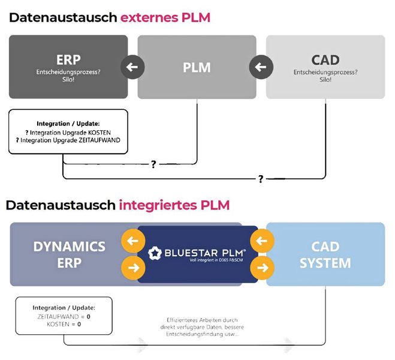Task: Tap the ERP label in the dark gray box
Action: [68, 61]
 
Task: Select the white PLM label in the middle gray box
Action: [197, 67]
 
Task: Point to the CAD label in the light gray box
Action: [325, 61]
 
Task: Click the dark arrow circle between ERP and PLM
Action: [132, 67]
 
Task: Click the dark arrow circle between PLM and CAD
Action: [261, 67]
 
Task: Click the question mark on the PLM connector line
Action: [153, 164]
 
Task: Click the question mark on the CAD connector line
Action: [261, 179]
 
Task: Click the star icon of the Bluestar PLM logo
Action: [155, 253]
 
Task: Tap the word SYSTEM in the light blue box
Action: [325, 263]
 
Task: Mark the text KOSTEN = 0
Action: [64, 324]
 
